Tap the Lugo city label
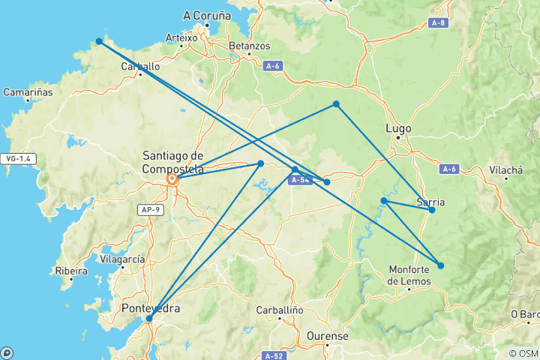click(397, 128)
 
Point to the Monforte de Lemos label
click(410, 275)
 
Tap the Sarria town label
click(430, 202)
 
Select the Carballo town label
click(140, 66)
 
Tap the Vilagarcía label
click(121, 259)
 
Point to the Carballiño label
click(278, 309)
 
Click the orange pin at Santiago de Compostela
click(172, 179)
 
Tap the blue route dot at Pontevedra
click(149, 319)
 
